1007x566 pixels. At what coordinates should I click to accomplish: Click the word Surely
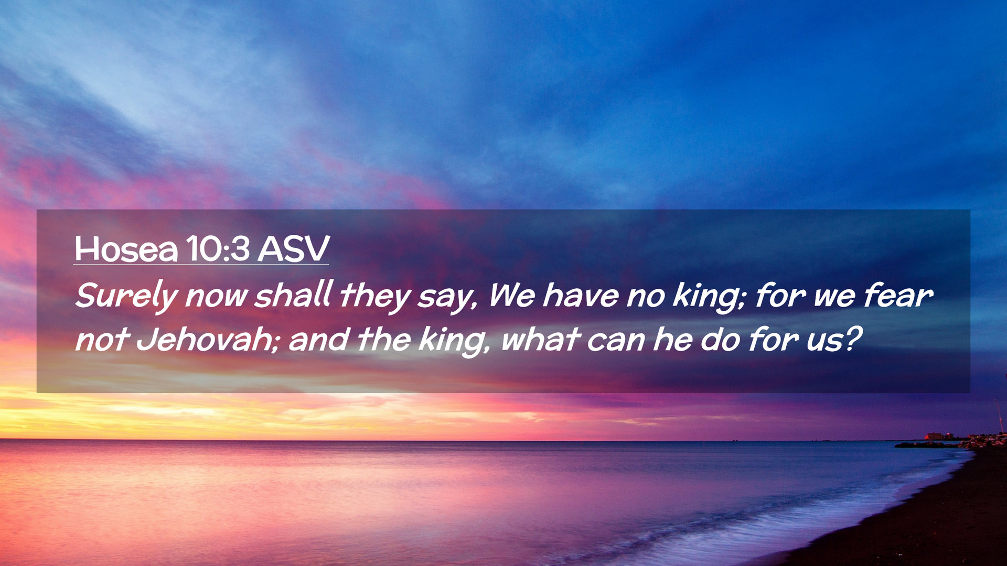pos(127,297)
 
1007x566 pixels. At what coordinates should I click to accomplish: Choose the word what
pos(540,339)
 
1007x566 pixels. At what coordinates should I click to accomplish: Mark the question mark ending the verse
pos(852,339)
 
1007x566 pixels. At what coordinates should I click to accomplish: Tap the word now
pos(216,298)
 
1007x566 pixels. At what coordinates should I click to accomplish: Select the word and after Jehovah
pos(318,339)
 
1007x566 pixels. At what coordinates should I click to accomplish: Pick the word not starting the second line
pos(102,341)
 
